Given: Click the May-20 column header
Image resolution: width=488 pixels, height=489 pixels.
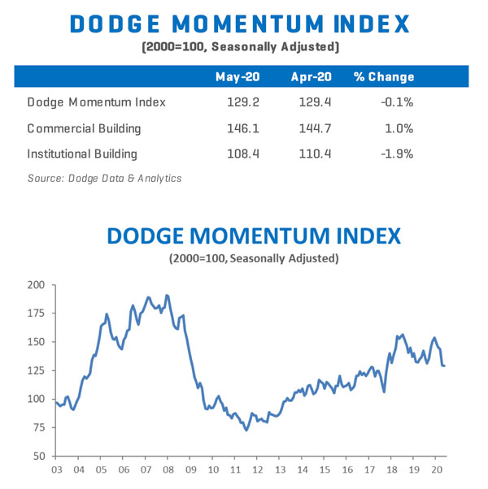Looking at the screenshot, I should [237, 77].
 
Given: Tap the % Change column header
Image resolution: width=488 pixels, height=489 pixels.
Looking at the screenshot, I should [384, 77].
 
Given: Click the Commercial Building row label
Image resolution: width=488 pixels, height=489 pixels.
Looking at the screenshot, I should [85, 128].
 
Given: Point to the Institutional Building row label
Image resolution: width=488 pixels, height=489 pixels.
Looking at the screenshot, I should [82, 154].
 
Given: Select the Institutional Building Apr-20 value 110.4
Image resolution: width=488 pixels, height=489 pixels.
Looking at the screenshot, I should [314, 154].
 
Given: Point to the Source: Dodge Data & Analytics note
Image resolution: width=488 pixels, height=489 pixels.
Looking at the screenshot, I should [104, 178].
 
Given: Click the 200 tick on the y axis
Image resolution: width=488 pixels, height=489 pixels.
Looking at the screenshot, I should [35, 285].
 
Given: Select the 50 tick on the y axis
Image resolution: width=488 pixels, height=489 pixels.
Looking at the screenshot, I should [38, 456].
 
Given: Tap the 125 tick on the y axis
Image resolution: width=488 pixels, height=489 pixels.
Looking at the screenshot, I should [35, 370].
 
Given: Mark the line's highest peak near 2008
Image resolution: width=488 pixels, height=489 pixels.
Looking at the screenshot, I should [167, 295].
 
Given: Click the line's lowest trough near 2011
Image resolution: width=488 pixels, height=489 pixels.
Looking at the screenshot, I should [246, 430].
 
